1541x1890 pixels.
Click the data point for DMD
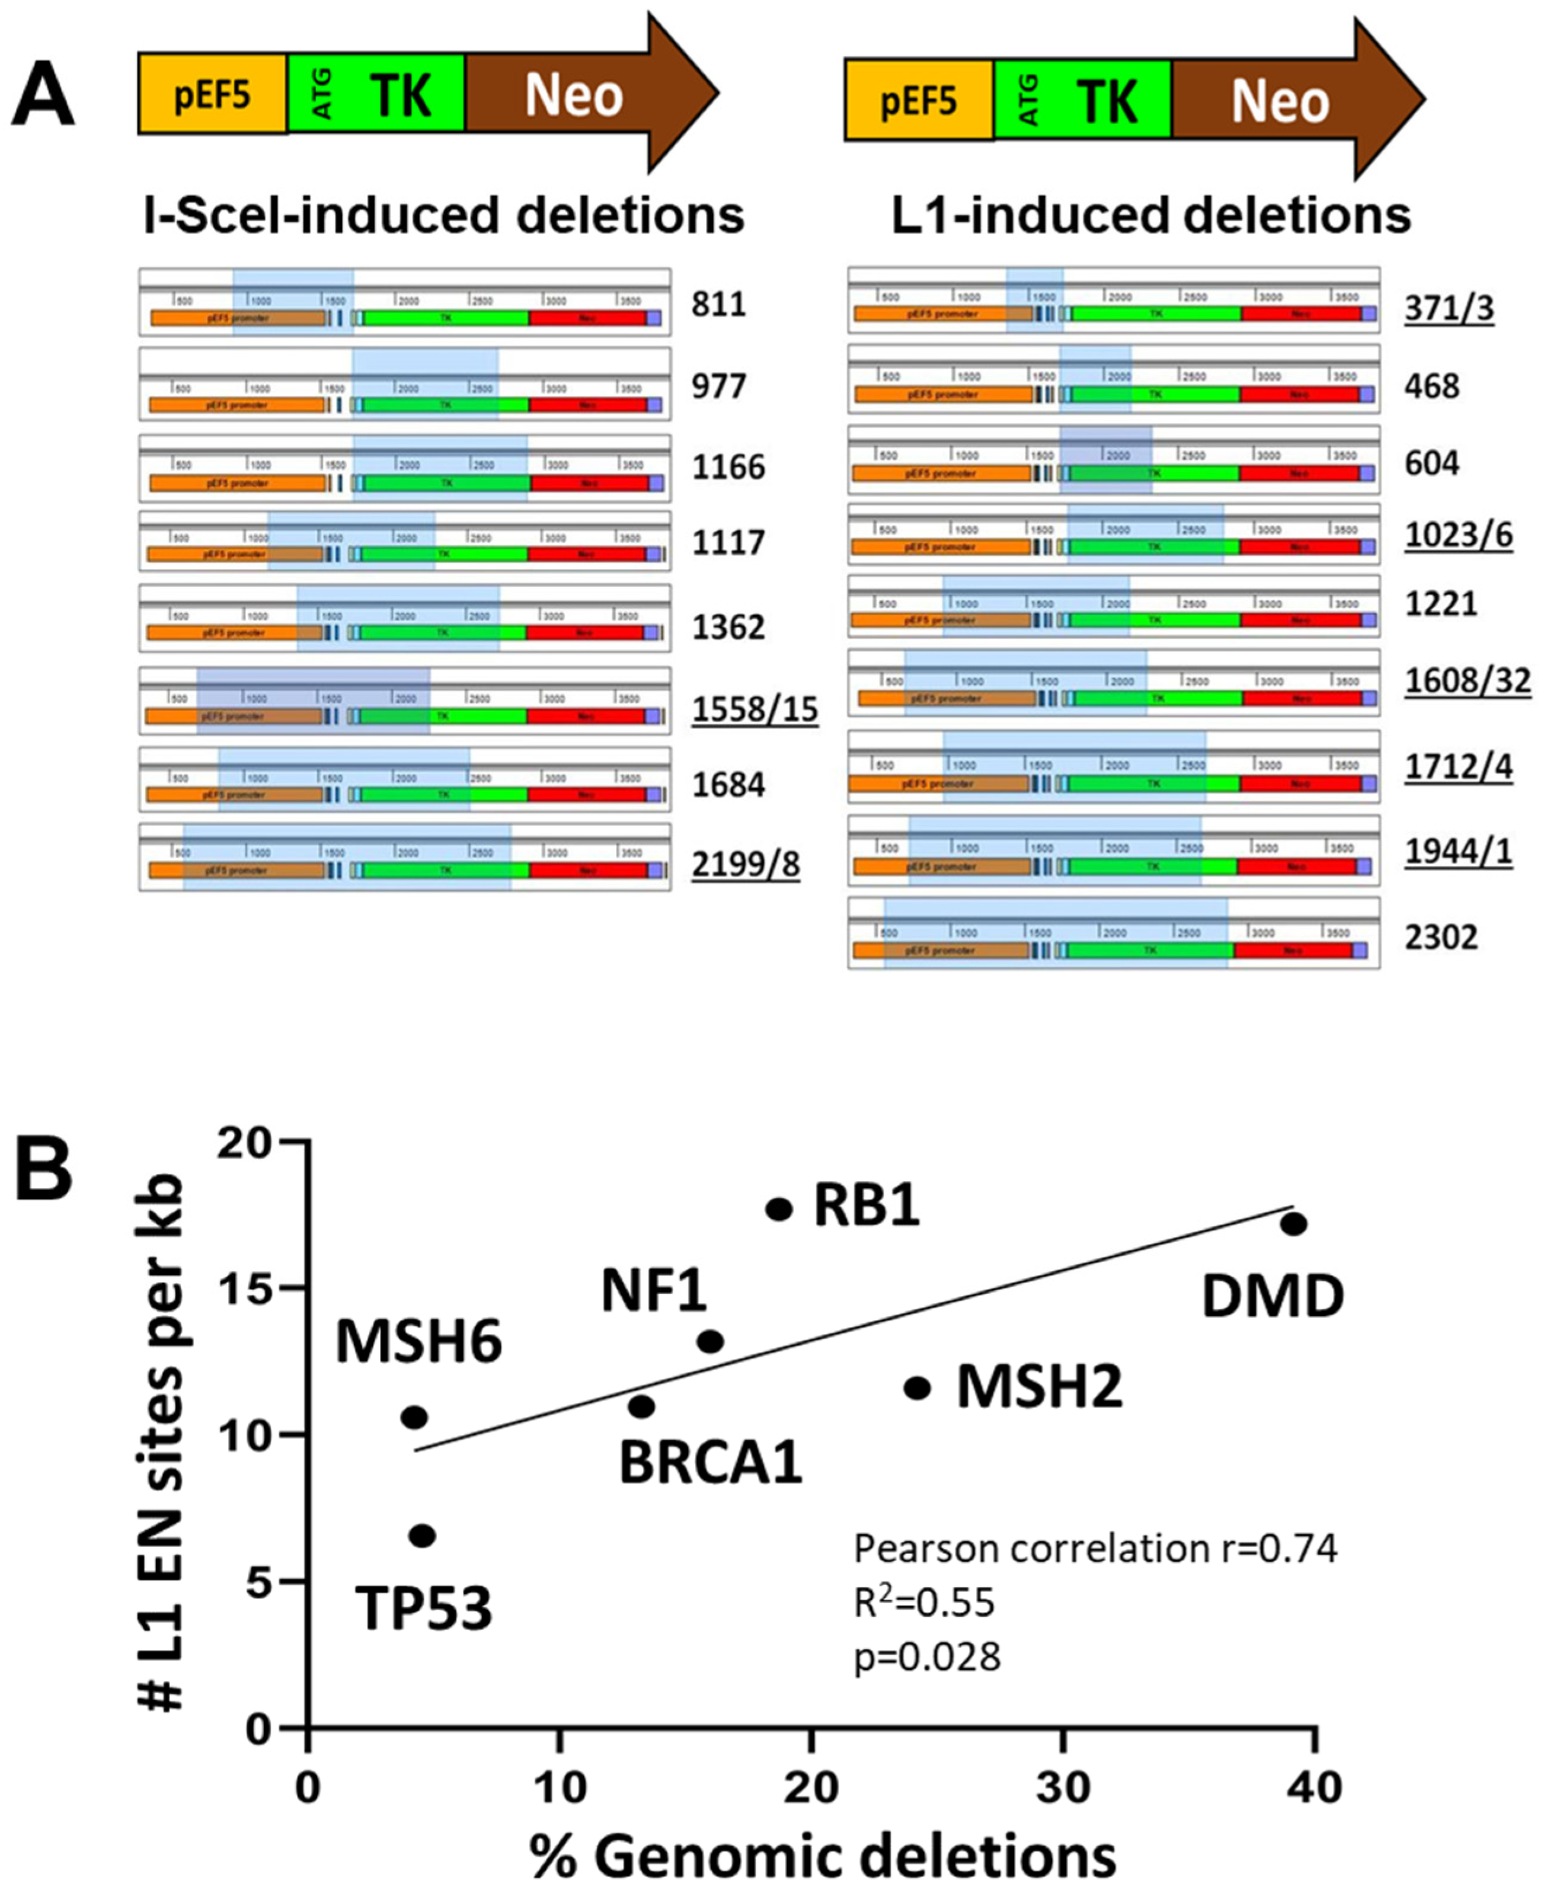click(x=1293, y=1223)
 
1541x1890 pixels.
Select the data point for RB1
click(x=778, y=1209)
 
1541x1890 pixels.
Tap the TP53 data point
click(x=423, y=1536)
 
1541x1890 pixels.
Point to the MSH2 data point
click(x=917, y=1387)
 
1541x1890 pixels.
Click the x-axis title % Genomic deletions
click(x=823, y=1856)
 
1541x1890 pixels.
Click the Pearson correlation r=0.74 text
click(x=1095, y=1549)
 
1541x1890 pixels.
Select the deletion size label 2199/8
click(x=746, y=863)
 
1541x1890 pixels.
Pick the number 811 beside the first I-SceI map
click(x=718, y=305)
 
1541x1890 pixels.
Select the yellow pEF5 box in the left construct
click(x=212, y=94)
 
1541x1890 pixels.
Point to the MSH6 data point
click(x=414, y=1418)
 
